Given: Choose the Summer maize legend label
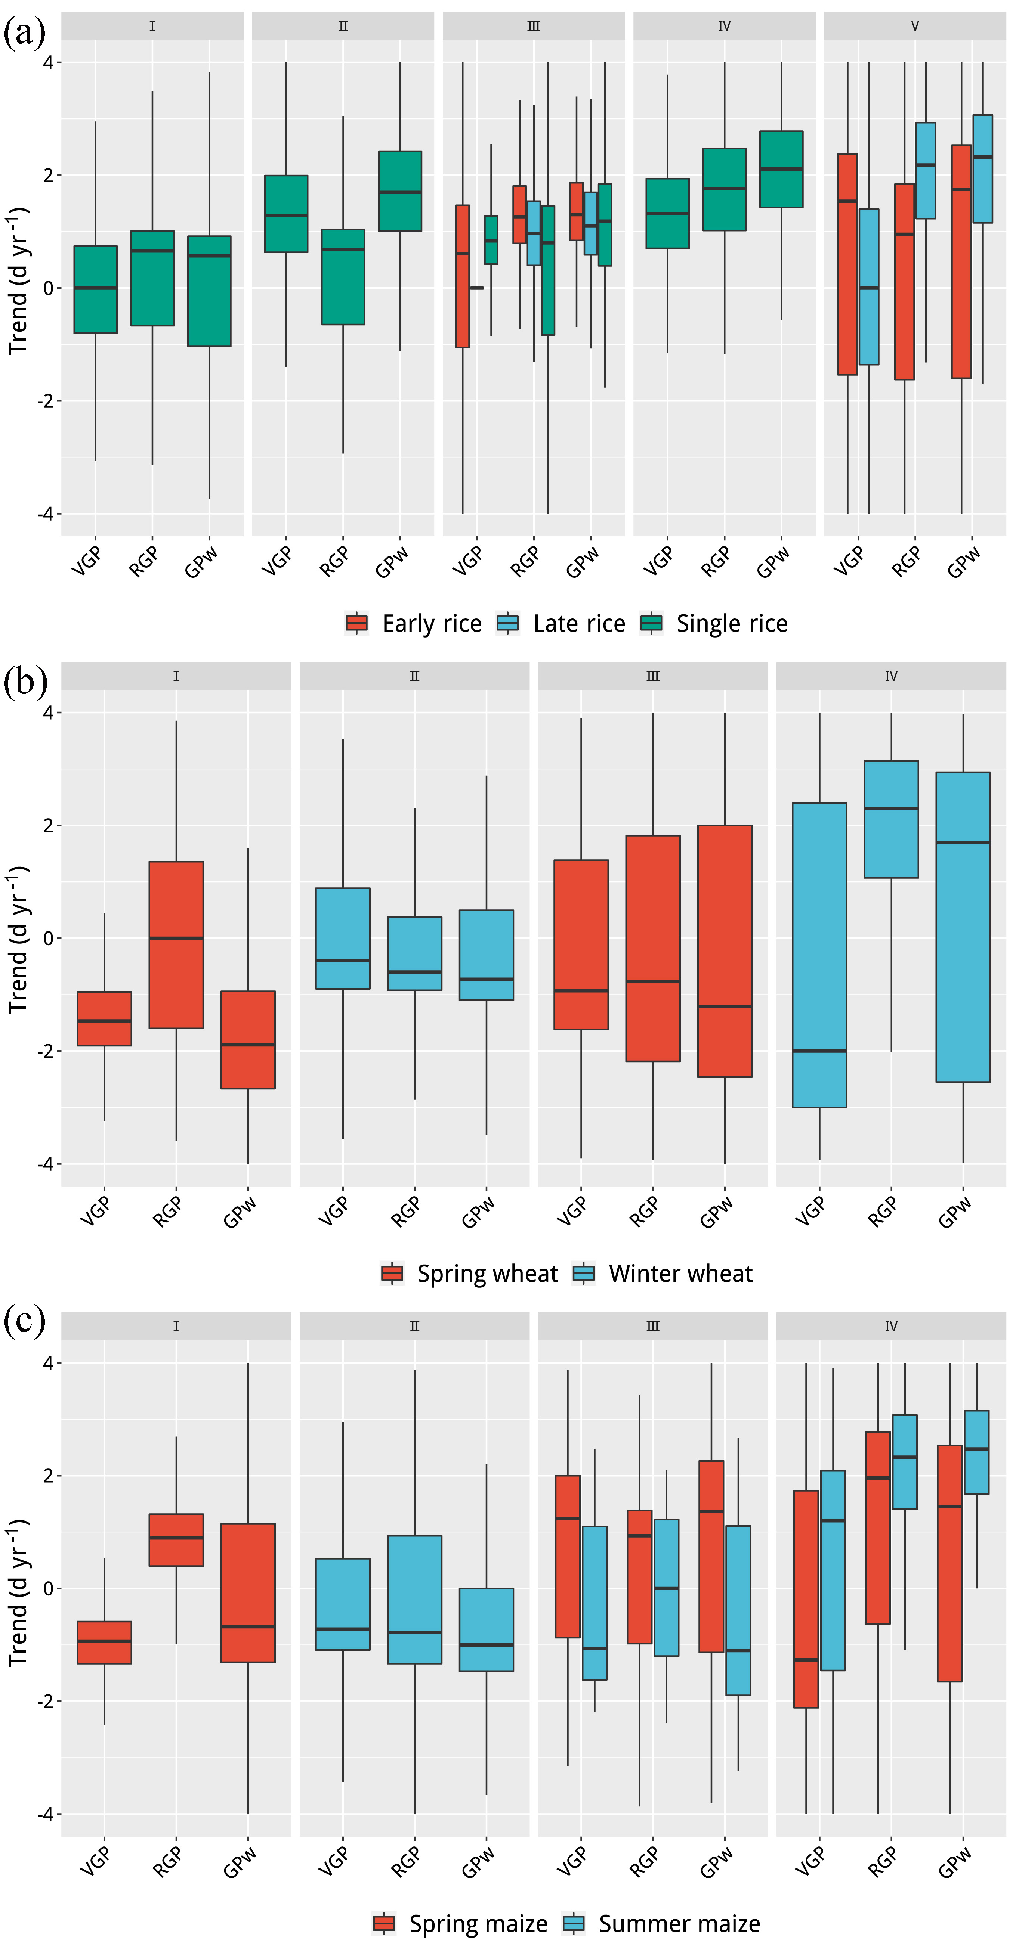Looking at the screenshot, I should [679, 1924].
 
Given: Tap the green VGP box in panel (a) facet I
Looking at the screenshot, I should [95, 290].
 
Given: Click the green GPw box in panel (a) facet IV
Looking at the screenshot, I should [781, 170].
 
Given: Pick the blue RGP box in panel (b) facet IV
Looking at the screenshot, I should [891, 819].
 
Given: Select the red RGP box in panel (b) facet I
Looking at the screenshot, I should [176, 944].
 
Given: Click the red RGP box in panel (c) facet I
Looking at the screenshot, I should [176, 1540].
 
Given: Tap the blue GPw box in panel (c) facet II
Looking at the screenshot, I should [487, 1629].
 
